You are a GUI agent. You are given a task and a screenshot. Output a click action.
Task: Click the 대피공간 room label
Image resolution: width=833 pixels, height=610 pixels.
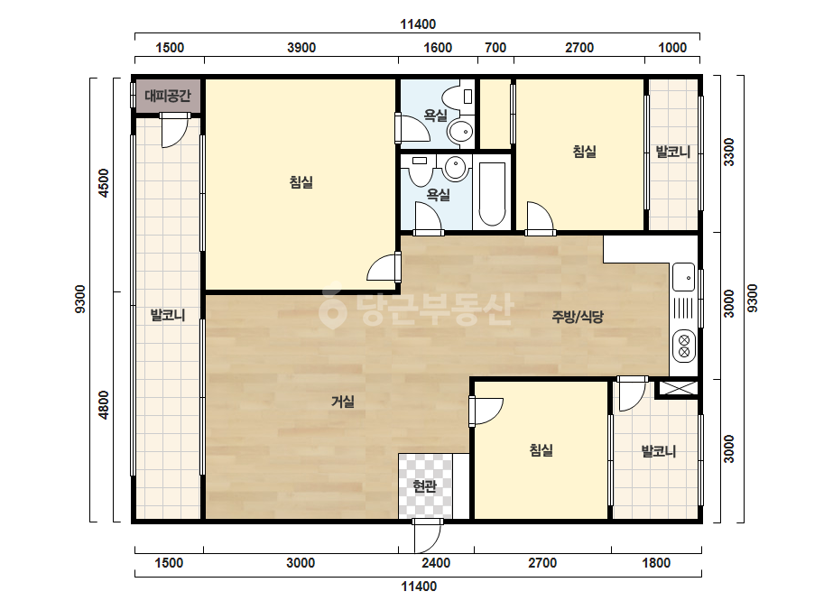coord(168,97)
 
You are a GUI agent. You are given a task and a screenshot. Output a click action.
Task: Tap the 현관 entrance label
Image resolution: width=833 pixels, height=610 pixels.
coord(425,485)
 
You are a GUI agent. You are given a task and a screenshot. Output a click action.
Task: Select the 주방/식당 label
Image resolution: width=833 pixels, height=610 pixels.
coord(578,318)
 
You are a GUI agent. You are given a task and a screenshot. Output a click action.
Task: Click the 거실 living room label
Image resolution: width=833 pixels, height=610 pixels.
coord(343,402)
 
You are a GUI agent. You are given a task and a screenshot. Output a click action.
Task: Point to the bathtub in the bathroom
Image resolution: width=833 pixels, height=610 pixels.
coord(492,193)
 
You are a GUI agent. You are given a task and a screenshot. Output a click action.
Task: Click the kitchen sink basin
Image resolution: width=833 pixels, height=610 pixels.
coord(683,277)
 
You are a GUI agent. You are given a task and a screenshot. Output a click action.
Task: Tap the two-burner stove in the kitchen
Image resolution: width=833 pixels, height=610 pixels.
coord(684,345)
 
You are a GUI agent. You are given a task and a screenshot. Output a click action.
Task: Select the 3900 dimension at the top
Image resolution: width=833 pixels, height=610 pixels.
coord(301,48)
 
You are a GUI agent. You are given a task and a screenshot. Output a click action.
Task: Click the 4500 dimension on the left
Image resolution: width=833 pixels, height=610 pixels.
coord(104,183)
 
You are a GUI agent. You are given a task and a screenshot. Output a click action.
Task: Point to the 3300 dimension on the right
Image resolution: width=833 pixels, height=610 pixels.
coord(729,152)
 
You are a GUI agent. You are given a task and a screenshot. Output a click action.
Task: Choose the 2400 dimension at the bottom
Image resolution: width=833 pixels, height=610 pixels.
coord(436,563)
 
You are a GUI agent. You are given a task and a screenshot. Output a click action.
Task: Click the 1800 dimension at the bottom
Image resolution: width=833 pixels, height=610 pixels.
coord(656,563)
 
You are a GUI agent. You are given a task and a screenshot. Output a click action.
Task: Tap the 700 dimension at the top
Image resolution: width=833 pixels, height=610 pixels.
coord(495,48)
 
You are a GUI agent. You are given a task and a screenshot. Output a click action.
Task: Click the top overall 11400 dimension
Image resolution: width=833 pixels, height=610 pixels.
coord(418,24)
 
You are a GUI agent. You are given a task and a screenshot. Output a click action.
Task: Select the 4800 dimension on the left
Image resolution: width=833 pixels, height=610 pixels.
coord(104,405)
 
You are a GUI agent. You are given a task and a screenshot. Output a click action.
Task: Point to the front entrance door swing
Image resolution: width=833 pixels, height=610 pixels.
coord(428,537)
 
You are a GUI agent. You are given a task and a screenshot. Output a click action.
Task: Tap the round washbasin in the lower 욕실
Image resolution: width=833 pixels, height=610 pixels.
coord(455,168)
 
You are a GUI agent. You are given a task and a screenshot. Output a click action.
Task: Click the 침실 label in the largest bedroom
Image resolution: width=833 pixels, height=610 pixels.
coord(301,182)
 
